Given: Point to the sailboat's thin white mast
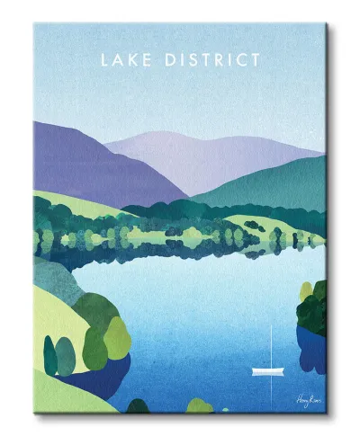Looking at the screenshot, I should pos(271,346).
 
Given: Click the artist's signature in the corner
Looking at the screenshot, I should pos(307,397).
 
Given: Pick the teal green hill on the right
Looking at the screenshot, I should pos(279,184).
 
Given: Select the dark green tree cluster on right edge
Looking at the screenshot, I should pos(315,310).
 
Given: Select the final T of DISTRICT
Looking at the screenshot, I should pos(256,60).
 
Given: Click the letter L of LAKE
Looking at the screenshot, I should pos(105,60).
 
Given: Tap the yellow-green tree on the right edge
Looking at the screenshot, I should pos(306,291).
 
